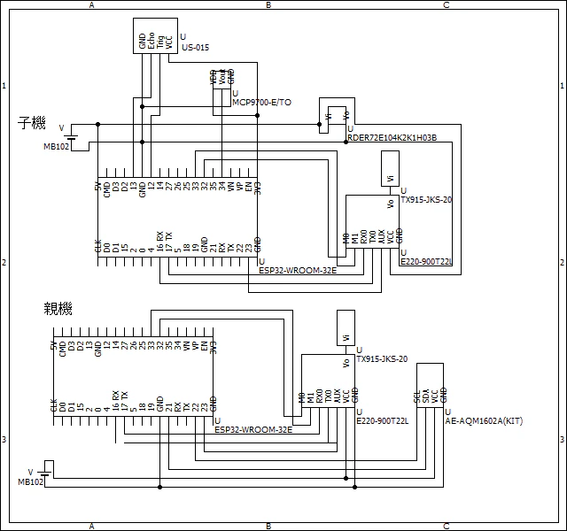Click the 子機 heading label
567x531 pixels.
pos(32,124)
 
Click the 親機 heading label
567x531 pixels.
pos(58,309)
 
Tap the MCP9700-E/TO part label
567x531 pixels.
pos(261,103)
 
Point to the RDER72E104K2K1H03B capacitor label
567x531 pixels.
pos(392,137)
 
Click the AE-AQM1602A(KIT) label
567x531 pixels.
pos(484,422)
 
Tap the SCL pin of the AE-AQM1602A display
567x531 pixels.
pos(417,395)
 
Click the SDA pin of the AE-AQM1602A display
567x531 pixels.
pos(426,395)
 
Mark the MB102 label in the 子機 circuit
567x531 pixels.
pos(56,146)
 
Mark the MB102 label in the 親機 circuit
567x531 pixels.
pos(30,481)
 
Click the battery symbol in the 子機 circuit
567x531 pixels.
pos(70,137)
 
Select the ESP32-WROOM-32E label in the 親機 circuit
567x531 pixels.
pos(252,429)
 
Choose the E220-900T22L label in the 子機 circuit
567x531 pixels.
pos(427,262)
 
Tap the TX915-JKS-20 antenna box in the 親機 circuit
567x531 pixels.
pos(346,328)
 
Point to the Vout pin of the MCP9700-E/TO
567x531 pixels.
pos(221,77)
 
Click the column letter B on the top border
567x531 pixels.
pos(268,5)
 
